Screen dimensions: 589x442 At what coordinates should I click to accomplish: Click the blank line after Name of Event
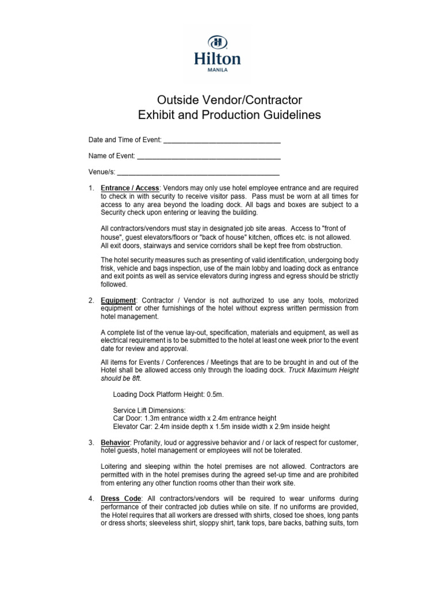209,156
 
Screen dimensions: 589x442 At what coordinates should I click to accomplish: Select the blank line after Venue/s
198,172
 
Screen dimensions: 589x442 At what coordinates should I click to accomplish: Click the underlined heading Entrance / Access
129,188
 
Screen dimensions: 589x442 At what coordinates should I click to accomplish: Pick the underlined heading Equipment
118,300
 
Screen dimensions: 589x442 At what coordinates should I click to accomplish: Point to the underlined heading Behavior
115,442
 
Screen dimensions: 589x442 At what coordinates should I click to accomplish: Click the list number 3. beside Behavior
91,442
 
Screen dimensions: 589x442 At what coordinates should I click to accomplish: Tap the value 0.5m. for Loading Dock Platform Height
214,394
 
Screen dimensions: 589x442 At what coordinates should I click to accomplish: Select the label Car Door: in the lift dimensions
128,418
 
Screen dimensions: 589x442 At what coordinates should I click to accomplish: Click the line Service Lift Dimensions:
149,410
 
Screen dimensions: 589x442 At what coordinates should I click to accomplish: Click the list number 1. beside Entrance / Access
91,188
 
